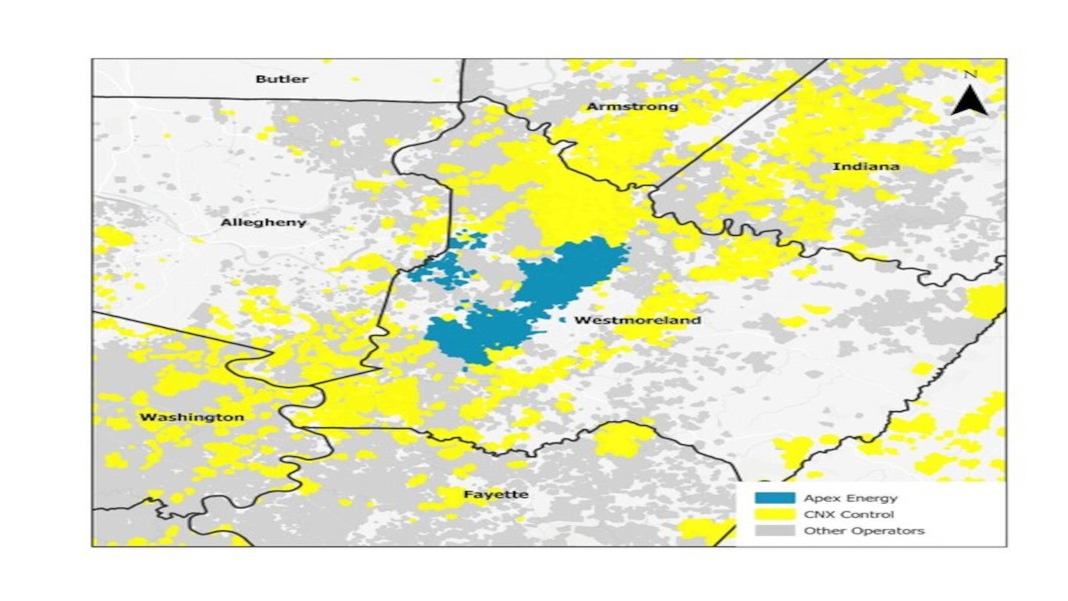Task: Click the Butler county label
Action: coord(281,79)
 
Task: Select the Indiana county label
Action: coord(866,166)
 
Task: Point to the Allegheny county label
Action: coord(263,223)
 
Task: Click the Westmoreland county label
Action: coord(637,321)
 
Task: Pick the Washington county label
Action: coord(191,418)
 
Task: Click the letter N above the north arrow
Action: coord(970,73)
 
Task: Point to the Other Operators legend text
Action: coord(863,531)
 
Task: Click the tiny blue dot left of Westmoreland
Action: coord(564,320)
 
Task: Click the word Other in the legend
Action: coord(819,531)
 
